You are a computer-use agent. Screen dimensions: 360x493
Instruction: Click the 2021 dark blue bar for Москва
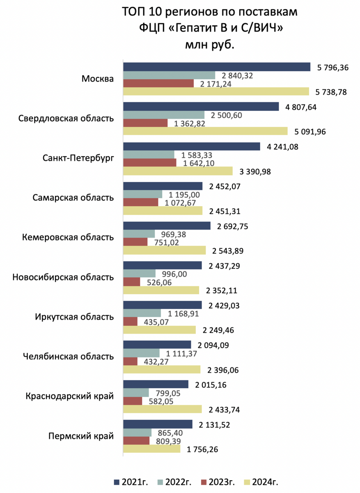[217, 67]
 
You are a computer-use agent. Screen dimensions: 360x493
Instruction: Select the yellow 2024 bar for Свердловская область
[205, 131]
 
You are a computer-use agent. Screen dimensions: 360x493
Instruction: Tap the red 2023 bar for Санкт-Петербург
[149, 163]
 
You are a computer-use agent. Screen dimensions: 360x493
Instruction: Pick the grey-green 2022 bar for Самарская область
[142, 194]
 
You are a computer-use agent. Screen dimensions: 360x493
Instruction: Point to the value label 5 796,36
[333, 67]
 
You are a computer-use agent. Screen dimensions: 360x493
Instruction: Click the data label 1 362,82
[190, 124]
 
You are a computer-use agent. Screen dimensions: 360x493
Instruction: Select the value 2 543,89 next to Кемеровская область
[228, 251]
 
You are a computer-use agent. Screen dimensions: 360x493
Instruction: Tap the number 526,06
[159, 282]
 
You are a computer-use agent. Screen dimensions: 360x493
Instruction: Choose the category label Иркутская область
[74, 317]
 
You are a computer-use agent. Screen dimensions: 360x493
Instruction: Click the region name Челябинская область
[69, 356]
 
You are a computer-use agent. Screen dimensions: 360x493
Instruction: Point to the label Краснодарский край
[70, 396]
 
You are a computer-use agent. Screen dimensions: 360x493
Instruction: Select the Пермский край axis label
[81, 436]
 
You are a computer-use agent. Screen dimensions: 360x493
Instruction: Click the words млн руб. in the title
[210, 45]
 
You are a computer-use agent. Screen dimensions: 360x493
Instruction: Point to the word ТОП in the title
[133, 12]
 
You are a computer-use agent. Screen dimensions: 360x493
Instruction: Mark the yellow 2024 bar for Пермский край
[152, 449]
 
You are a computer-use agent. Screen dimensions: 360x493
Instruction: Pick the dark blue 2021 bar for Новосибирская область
[162, 265]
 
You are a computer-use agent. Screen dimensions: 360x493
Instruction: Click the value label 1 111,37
[181, 354]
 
